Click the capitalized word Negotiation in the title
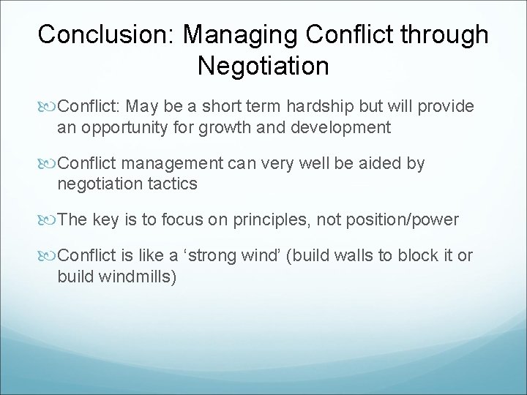263,67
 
